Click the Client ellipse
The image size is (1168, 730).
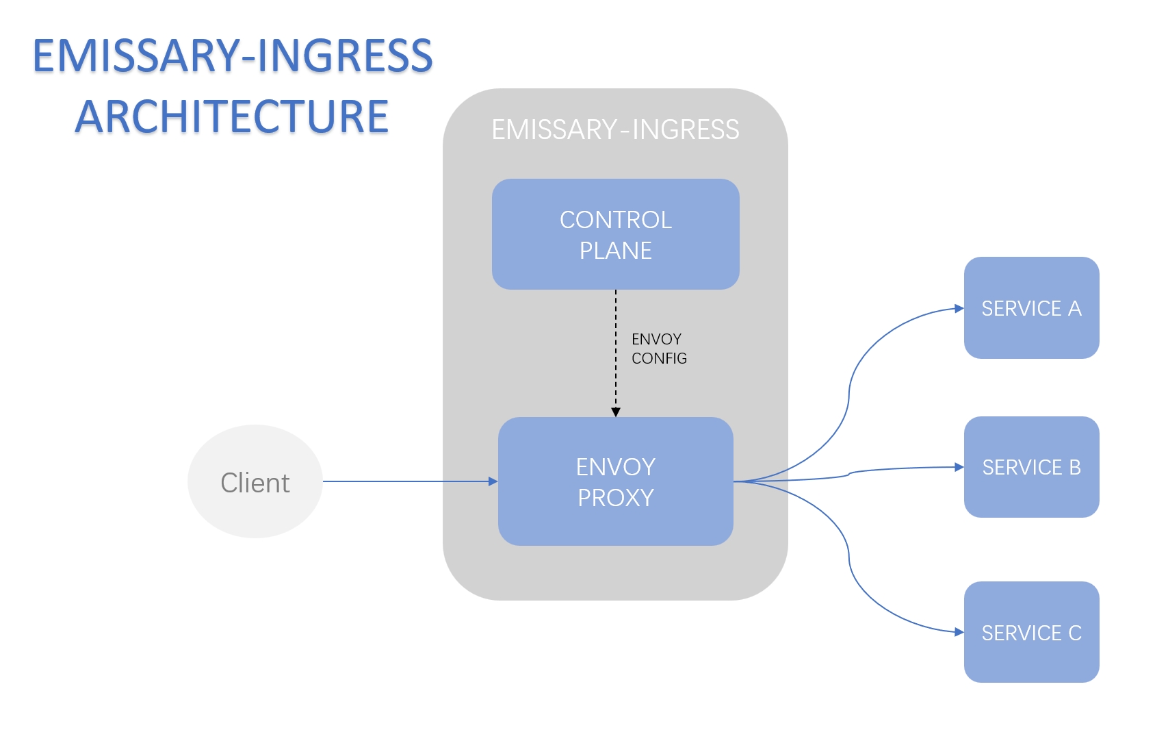(255, 482)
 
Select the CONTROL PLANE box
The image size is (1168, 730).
(615, 234)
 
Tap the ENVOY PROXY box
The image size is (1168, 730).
(615, 481)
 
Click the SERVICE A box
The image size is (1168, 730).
(1031, 308)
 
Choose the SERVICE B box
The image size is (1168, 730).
(1031, 467)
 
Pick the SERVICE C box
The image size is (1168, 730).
(1031, 632)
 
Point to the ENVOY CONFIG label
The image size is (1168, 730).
(658, 349)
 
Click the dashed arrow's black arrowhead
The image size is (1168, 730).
(616, 412)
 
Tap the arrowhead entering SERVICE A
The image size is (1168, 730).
(959, 309)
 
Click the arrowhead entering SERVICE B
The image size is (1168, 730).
(959, 467)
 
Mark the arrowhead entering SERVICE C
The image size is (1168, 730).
(959, 632)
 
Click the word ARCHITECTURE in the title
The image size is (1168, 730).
(231, 116)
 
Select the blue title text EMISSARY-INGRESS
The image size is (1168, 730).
(233, 56)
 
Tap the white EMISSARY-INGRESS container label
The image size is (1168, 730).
(615, 129)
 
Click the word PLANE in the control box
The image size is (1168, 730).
(615, 251)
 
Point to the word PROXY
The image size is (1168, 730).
(615, 498)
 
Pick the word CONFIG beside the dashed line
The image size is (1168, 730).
(659, 358)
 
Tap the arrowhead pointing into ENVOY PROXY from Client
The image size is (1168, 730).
(493, 481)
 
